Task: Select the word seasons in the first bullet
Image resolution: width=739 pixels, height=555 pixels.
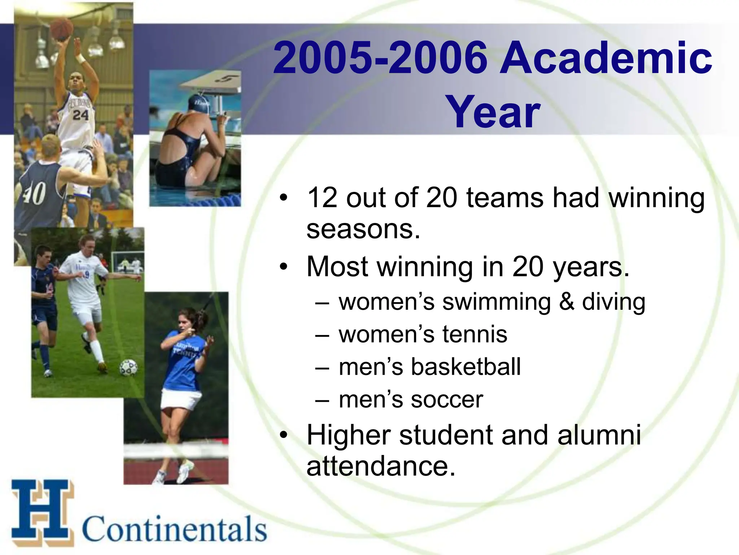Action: tap(363, 230)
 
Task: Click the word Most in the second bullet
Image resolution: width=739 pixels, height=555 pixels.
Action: tap(338, 267)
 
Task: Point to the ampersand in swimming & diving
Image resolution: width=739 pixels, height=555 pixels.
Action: tap(567, 302)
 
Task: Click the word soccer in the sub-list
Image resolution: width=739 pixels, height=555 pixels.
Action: tap(446, 400)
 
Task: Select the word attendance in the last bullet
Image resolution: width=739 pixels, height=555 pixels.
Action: tap(381, 466)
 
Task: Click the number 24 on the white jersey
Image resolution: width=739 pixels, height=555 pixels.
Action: tap(80, 115)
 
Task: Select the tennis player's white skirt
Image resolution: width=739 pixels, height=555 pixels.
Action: tap(180, 399)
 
